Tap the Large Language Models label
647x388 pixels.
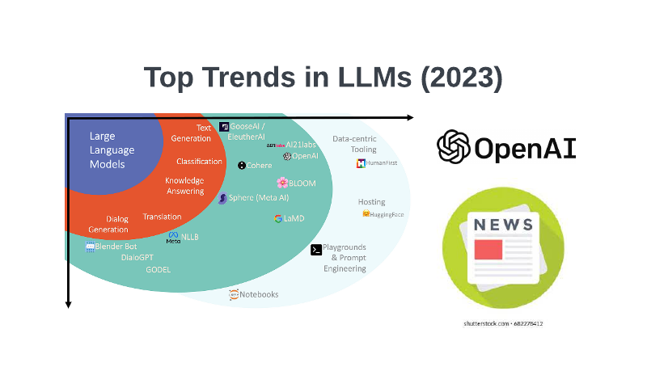(x=112, y=150)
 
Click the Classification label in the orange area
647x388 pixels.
(x=199, y=162)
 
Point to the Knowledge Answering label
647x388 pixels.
(x=184, y=186)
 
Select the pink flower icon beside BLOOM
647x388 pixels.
(x=282, y=183)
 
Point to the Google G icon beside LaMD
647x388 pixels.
(x=277, y=218)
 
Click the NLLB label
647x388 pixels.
(x=189, y=238)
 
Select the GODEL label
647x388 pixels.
(x=158, y=270)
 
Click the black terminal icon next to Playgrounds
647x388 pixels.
(x=316, y=250)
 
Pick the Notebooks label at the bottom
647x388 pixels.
(x=259, y=294)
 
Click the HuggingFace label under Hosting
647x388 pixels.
(x=387, y=214)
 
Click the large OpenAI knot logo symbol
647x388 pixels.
(x=454, y=147)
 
